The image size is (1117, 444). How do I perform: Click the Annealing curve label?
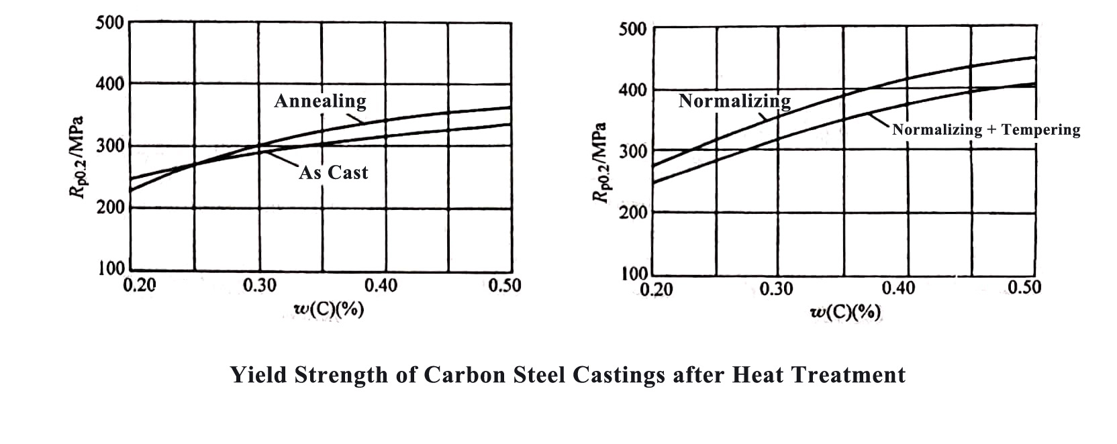pyautogui.click(x=320, y=101)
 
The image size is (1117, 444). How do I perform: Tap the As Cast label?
pyautogui.click(x=334, y=173)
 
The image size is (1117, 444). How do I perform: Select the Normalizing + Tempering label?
pyautogui.click(x=985, y=130)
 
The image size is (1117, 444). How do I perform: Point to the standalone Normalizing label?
pyautogui.click(x=734, y=101)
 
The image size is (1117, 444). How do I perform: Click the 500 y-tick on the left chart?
pyautogui.click(x=110, y=23)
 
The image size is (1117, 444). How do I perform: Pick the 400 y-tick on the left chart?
pyautogui.click(x=110, y=85)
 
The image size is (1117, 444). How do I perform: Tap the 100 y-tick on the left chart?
pyautogui.click(x=110, y=268)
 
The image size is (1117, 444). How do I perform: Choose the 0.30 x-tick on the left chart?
pyautogui.click(x=259, y=286)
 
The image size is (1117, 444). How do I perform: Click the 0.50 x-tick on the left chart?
pyautogui.click(x=504, y=286)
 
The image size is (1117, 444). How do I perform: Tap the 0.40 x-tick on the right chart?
pyautogui.click(x=898, y=288)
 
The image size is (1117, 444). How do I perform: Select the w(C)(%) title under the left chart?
pyautogui.click(x=329, y=310)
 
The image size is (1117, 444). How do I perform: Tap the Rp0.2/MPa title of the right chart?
pyautogui.click(x=599, y=162)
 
